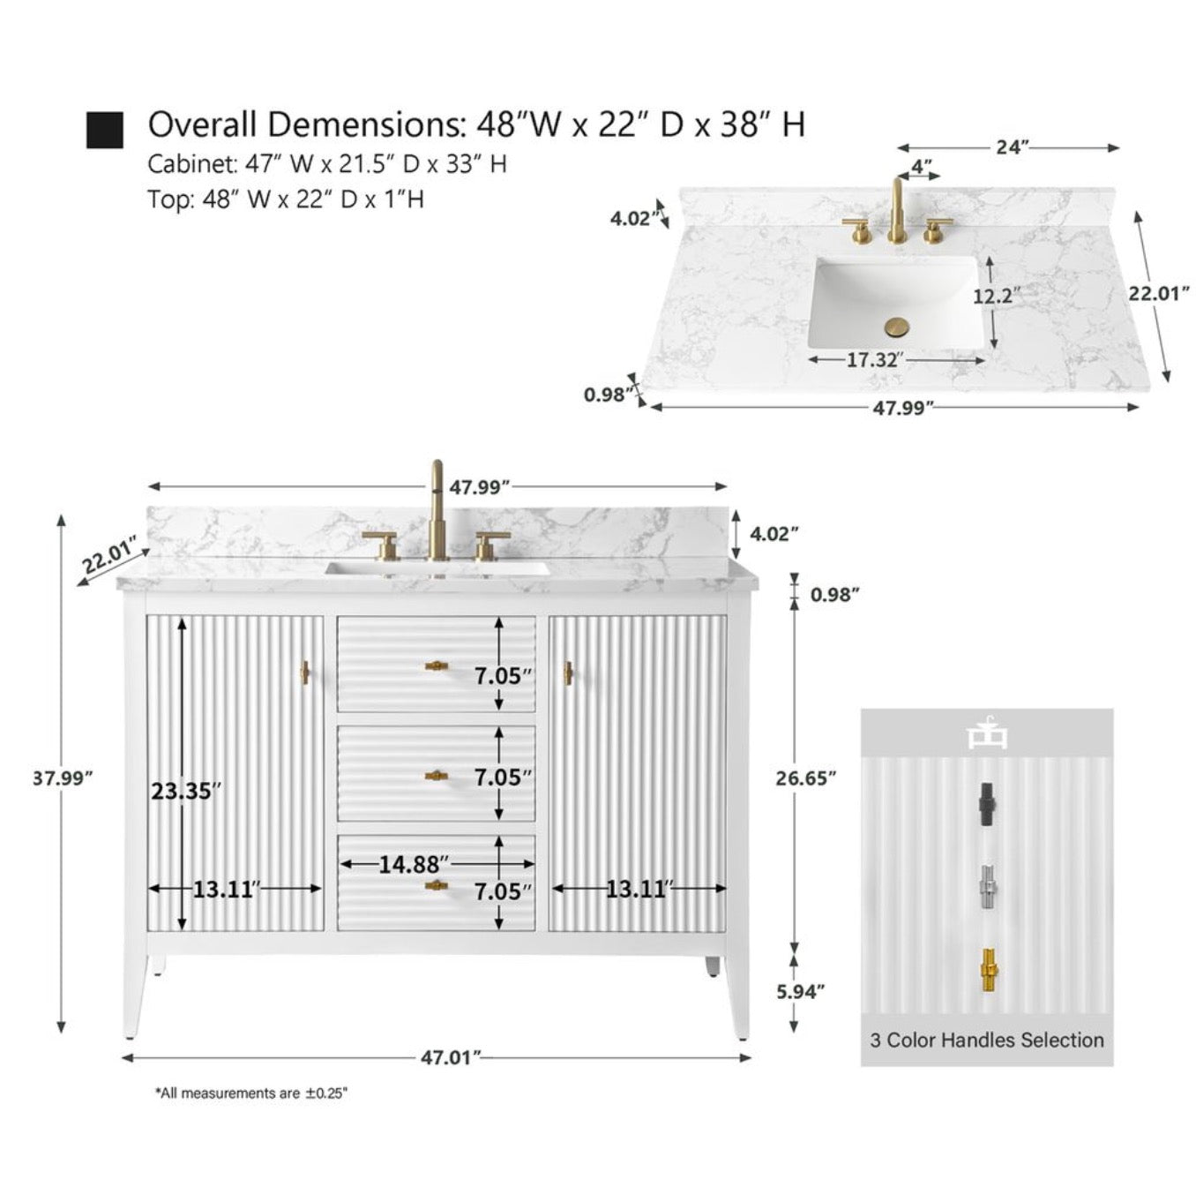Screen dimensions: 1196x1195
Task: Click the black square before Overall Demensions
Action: coord(105,130)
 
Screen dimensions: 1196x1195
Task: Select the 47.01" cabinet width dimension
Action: coord(451,1056)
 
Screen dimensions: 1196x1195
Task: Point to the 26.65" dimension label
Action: coord(805,778)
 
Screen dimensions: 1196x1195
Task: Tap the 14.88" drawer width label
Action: coord(414,864)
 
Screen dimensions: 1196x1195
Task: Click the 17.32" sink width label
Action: coord(873,359)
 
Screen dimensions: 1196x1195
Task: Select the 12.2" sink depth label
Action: coord(997,296)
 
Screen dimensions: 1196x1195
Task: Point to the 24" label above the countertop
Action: coord(1013,147)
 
